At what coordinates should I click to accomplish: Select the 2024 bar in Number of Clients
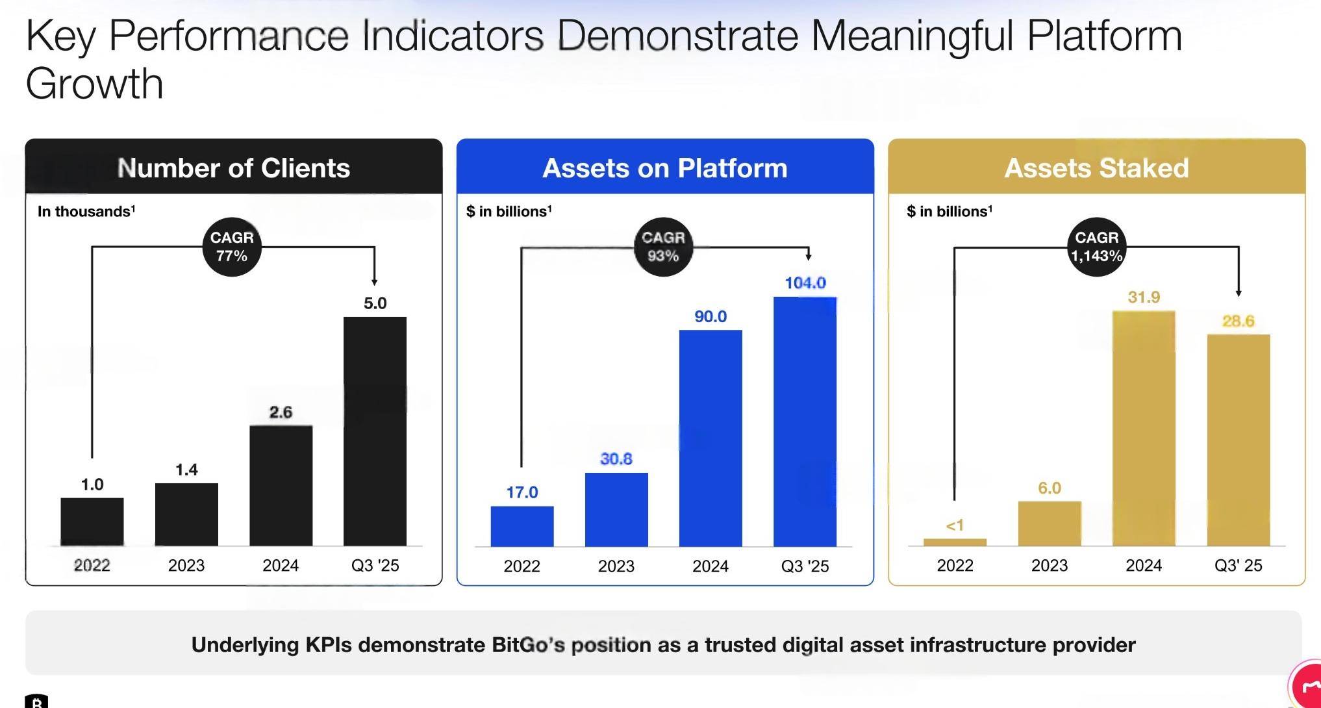click(281, 485)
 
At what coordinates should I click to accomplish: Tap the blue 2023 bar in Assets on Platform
click(616, 509)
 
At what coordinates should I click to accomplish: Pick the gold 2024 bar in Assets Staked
click(1144, 428)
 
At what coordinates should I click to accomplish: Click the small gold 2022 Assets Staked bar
click(955, 542)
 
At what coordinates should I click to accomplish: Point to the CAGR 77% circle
click(232, 247)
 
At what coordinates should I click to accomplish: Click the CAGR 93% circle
click(662, 247)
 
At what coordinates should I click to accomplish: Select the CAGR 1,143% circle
click(1096, 247)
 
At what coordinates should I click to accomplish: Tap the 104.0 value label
click(805, 283)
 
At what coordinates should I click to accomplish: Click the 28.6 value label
click(1238, 321)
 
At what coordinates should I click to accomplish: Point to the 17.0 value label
click(522, 492)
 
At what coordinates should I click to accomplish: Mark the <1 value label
click(955, 525)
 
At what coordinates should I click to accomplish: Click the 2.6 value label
click(281, 412)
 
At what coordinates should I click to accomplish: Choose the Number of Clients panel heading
click(234, 168)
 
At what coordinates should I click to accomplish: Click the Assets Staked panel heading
click(1096, 168)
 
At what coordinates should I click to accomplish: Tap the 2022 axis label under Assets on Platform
click(522, 566)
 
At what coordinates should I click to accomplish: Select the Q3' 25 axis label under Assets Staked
click(1238, 566)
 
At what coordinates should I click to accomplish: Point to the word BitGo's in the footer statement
click(528, 645)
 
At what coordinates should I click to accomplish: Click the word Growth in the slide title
click(95, 84)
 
